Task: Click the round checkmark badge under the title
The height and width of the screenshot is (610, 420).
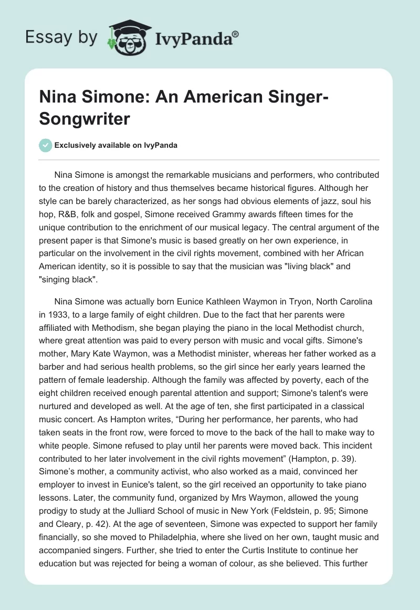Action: pos(46,145)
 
